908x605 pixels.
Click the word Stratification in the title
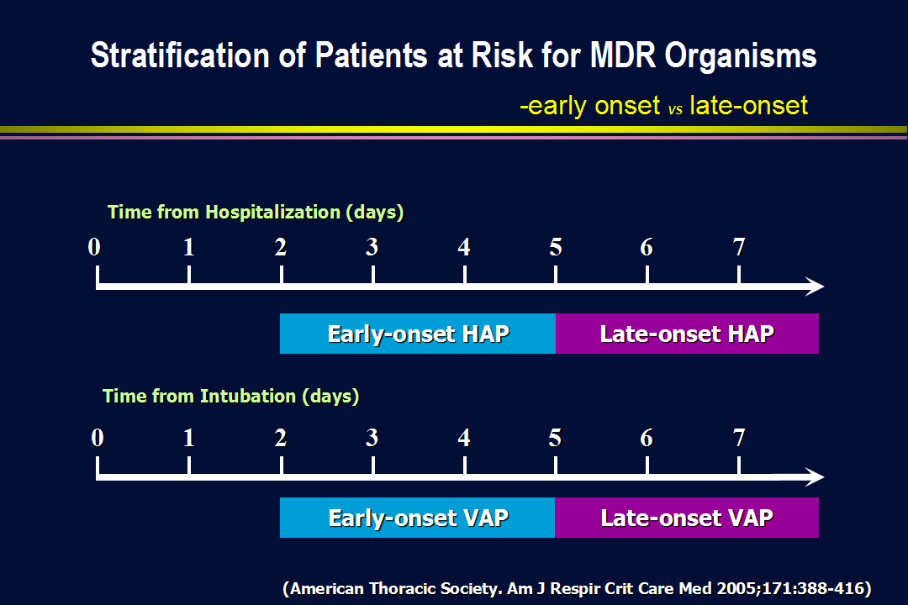click(x=180, y=55)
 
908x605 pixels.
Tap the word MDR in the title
click(x=623, y=55)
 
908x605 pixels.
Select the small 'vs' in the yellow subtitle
click(x=675, y=109)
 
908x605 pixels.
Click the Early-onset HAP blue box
click(x=418, y=334)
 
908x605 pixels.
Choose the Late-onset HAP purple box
click(x=687, y=334)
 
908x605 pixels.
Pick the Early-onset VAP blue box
click(x=418, y=518)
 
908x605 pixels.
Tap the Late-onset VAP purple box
click(x=687, y=518)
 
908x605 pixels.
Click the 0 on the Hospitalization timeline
click(x=94, y=247)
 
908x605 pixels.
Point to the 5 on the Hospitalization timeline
click(x=556, y=247)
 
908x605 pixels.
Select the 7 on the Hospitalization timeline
click(x=739, y=247)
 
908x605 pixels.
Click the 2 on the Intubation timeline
click(x=281, y=438)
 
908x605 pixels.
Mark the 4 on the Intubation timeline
click(x=464, y=438)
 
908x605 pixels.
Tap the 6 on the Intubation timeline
click(x=647, y=438)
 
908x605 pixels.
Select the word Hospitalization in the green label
click(x=273, y=212)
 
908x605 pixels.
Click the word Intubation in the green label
click(x=248, y=396)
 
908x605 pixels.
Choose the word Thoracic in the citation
click(x=403, y=588)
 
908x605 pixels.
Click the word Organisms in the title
click(x=741, y=57)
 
